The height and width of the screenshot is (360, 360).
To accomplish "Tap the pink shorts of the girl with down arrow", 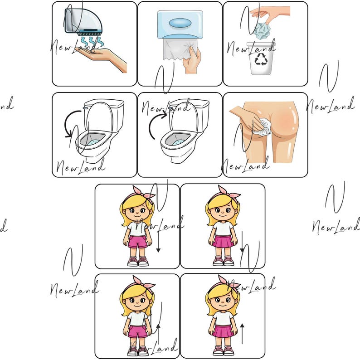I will pyautogui.click(x=137, y=241).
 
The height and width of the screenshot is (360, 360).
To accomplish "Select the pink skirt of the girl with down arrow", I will pyautogui.click(x=223, y=241).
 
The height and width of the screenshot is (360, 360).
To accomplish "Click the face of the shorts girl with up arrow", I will pyautogui.click(x=136, y=302).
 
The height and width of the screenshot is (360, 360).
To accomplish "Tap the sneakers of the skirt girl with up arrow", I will pyautogui.click(x=223, y=350).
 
